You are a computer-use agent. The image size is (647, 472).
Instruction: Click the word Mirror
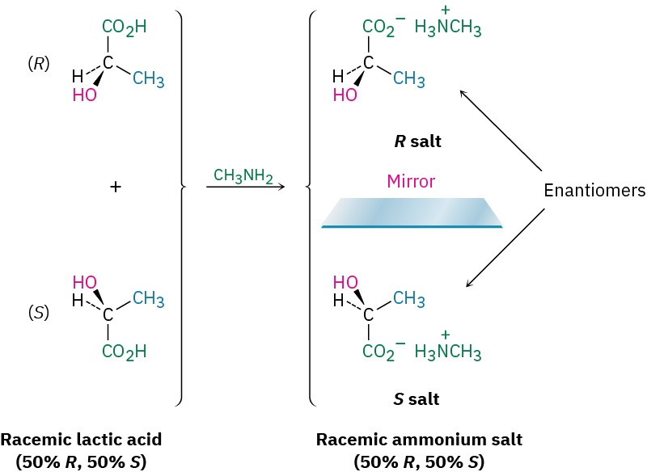coord(412,182)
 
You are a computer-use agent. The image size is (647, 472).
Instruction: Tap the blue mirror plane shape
coord(412,213)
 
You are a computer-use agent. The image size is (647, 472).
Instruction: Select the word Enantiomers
coord(594,192)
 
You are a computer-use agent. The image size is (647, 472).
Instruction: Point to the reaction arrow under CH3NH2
coord(246,188)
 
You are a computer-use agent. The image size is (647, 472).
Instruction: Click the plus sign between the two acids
coord(116,187)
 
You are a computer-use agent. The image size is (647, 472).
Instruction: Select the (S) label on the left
coord(38,312)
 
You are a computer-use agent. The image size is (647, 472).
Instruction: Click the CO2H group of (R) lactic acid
coord(124,28)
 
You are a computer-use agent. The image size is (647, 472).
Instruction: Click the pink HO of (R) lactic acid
coord(84,95)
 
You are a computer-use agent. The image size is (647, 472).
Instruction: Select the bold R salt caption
coord(417,142)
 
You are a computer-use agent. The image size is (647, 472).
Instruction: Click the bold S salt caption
coord(417,398)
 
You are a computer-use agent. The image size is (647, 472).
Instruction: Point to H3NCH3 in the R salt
coord(448,30)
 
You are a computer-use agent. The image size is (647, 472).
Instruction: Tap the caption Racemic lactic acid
coord(81,440)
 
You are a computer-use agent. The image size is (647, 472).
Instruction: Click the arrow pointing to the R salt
coord(500,131)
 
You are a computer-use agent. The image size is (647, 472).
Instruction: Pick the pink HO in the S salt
coord(346,282)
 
